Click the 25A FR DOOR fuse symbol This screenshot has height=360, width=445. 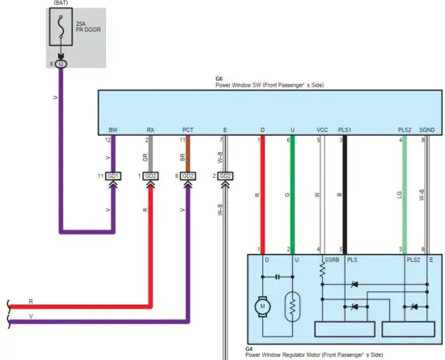tap(61, 29)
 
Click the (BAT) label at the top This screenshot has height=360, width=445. tap(61, 3)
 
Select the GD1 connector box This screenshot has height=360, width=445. tap(113, 176)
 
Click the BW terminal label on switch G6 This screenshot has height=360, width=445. tap(113, 129)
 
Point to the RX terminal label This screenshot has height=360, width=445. tap(150, 129)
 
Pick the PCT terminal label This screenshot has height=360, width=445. tap(188, 129)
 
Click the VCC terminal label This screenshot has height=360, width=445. tap(322, 129)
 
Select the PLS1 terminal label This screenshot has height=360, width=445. tap(345, 129)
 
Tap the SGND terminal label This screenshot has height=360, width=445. tap(427, 129)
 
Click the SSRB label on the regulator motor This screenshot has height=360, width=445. tap(331, 260)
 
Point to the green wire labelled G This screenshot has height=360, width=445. tap(292, 194)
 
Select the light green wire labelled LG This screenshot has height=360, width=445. tap(404, 194)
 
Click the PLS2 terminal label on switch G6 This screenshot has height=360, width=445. tap(405, 129)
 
